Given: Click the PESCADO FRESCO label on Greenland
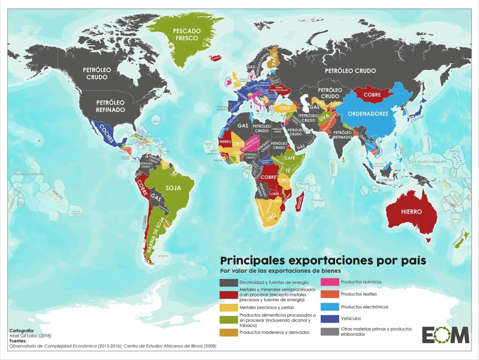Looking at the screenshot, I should click(x=187, y=35).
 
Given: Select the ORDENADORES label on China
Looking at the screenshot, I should click(x=368, y=114).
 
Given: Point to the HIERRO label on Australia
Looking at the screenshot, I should click(x=411, y=211).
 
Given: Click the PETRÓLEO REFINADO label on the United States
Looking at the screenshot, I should click(x=110, y=106).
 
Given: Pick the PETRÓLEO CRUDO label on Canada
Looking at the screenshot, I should click(x=97, y=73).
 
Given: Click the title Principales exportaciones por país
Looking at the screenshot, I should click(x=323, y=260).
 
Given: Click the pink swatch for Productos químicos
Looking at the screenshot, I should click(x=328, y=282).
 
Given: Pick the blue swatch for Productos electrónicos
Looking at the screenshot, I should click(x=328, y=307).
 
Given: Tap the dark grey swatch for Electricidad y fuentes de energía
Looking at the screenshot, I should click(x=228, y=282).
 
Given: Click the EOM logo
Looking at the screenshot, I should click(x=445, y=335).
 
